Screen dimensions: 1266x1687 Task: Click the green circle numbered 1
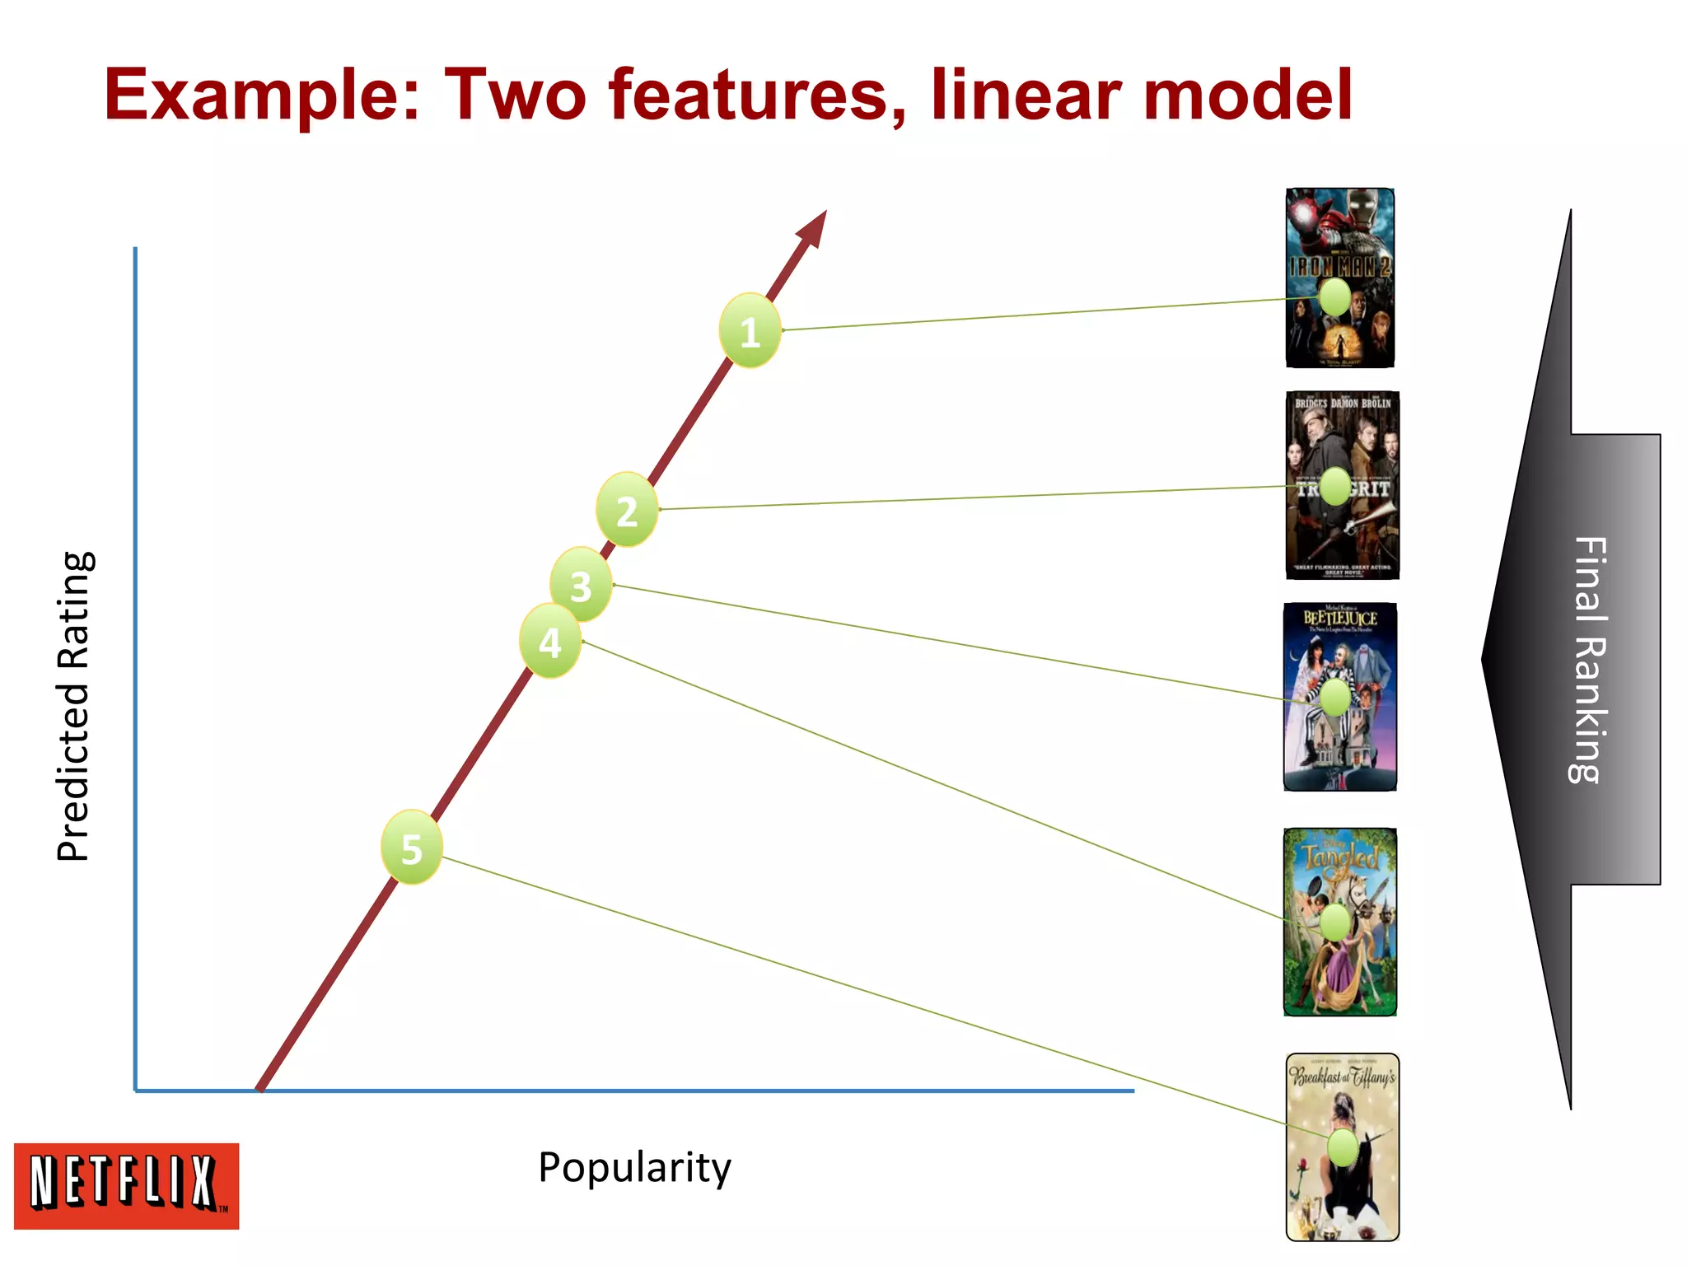click(750, 330)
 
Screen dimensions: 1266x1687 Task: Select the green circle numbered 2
click(627, 510)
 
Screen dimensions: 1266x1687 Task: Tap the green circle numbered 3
click(581, 585)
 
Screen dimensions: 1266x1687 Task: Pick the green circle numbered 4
click(550, 641)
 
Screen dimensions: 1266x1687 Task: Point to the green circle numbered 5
click(412, 848)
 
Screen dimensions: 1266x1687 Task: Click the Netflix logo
click(126, 1185)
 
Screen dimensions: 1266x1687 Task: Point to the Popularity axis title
click(634, 1167)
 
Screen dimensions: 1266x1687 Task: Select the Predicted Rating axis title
click(74, 706)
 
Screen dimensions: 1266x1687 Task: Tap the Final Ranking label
click(1588, 659)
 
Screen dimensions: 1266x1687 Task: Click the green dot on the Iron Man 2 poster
click(1334, 297)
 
